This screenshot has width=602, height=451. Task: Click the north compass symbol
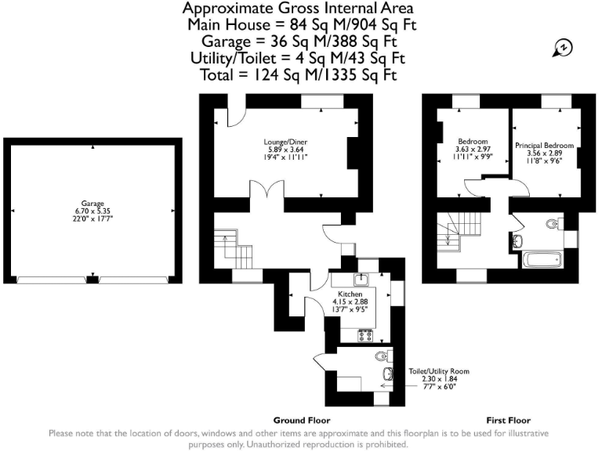pyautogui.click(x=562, y=48)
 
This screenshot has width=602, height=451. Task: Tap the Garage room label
pyautogui.click(x=92, y=204)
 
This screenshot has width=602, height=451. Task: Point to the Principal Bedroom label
pyautogui.click(x=544, y=146)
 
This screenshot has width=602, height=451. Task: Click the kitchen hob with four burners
pyautogui.click(x=365, y=335)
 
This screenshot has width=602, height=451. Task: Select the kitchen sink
pyautogui.click(x=361, y=279)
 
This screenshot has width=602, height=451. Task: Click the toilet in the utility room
pyautogui.click(x=383, y=357)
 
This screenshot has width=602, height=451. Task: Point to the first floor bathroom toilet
pyautogui.click(x=554, y=224)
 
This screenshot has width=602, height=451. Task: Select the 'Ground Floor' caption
pyautogui.click(x=302, y=420)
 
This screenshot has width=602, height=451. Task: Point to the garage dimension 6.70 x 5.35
pyautogui.click(x=92, y=211)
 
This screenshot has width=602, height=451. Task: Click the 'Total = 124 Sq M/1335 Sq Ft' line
pyautogui.click(x=299, y=75)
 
